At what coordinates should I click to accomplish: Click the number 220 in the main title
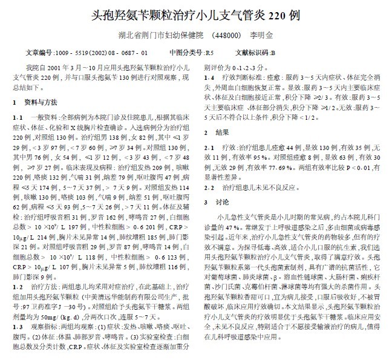click(278, 12)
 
